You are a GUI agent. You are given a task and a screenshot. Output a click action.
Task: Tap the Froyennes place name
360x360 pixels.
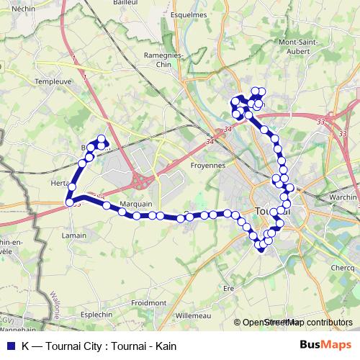pos(207,164)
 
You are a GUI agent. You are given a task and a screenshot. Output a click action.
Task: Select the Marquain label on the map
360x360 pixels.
pos(136,204)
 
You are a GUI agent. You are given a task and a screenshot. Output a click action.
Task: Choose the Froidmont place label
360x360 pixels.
pos(149,303)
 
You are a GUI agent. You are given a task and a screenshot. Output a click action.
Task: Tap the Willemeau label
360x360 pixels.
pos(192,315)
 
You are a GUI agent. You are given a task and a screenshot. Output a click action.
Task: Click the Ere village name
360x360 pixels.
pos(230,289)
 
